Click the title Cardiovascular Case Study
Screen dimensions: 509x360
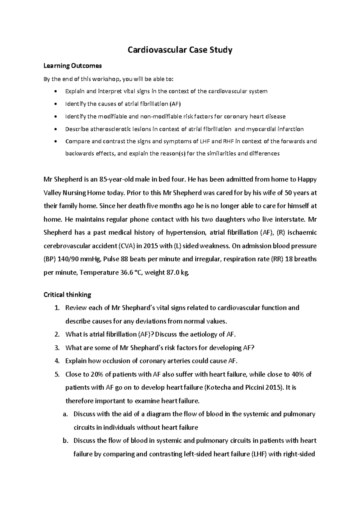point(180,50)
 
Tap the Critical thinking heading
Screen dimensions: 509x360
point(67,295)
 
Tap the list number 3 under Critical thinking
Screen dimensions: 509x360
point(57,348)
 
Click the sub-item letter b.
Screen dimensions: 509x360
point(66,441)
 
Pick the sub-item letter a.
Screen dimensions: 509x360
point(66,414)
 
